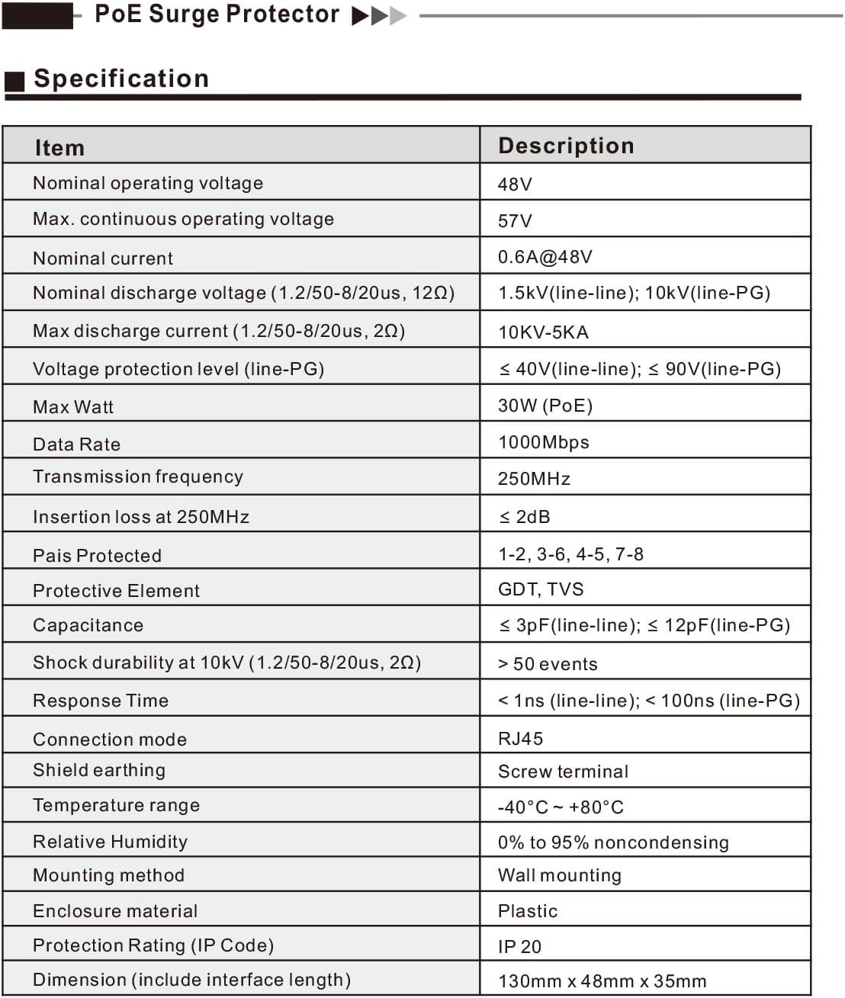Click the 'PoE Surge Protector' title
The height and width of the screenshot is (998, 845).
217,14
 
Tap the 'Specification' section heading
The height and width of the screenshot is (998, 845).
121,79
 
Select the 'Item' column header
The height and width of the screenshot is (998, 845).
59,148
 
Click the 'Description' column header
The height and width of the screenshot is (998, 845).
566,146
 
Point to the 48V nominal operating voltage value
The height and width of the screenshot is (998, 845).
515,185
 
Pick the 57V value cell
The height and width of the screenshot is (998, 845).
515,221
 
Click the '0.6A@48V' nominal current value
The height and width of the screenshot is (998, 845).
545,257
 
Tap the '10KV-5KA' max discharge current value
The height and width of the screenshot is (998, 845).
543,332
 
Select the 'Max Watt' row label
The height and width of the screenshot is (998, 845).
73,407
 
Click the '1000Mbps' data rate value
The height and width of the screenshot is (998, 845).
543,442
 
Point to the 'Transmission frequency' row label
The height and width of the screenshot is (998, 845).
138,477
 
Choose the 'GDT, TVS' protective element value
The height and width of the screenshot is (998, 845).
541,589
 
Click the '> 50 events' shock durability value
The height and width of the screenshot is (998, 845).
548,664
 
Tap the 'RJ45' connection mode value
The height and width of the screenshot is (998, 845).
520,739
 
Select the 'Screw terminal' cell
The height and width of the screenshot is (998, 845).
563,772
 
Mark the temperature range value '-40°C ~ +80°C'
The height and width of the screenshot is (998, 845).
561,807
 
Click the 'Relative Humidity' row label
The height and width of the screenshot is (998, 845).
110,842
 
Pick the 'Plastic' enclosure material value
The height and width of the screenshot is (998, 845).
527,911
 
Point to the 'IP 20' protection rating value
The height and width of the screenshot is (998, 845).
519,947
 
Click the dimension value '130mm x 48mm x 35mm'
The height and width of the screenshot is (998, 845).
602,981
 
